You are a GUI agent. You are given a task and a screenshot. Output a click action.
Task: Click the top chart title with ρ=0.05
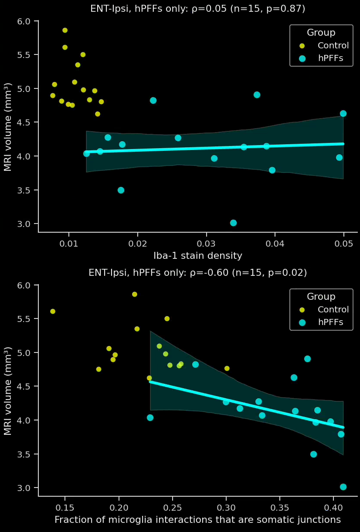pyautogui.click(x=197, y=9)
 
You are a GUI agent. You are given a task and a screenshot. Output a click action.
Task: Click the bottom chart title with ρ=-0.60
pyautogui.click(x=197, y=273)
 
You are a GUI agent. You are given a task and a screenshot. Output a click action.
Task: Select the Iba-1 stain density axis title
pyautogui.click(x=197, y=256)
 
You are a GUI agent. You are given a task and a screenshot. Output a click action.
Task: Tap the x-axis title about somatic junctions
pyautogui.click(x=197, y=519)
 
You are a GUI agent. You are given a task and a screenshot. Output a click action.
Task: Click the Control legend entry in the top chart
pyautogui.click(x=333, y=45)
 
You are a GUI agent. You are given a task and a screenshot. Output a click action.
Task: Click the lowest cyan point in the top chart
pyautogui.click(x=233, y=223)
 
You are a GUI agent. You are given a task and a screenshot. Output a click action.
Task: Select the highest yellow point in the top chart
pyautogui.click(x=65, y=30)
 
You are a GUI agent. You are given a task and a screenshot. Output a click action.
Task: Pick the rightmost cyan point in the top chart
pyautogui.click(x=343, y=113)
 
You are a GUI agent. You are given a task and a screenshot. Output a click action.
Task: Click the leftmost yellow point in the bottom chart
pyautogui.click(x=53, y=311)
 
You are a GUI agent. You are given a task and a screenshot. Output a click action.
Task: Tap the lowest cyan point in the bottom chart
pyautogui.click(x=343, y=487)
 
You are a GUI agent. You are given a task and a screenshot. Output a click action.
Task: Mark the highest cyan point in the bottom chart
pyautogui.click(x=307, y=359)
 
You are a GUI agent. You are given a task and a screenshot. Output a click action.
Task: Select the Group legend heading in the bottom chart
pyautogui.click(x=321, y=297)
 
